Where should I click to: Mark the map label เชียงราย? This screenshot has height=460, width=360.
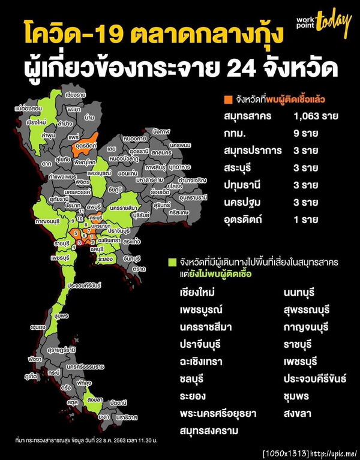[x=76, y=95]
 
